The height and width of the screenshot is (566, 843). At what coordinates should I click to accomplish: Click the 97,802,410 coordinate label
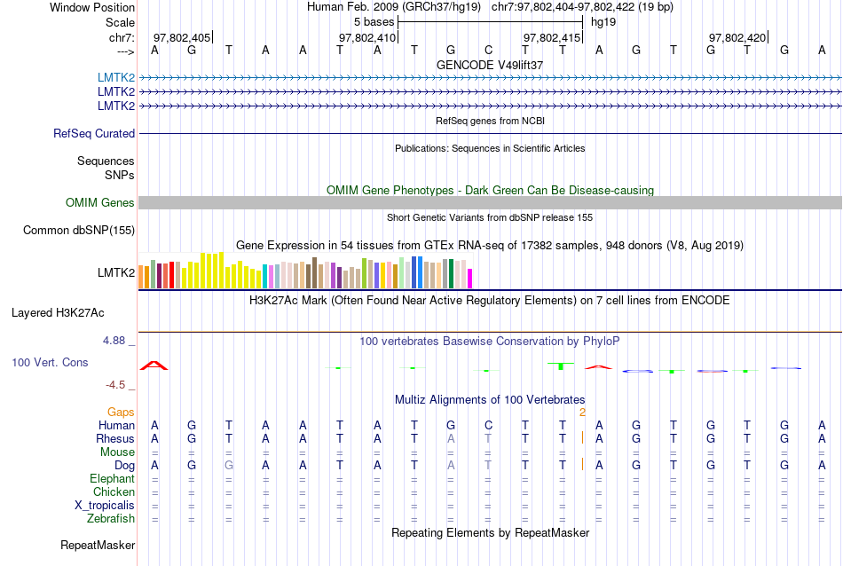[x=367, y=37]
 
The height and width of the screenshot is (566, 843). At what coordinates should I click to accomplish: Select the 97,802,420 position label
[x=737, y=37]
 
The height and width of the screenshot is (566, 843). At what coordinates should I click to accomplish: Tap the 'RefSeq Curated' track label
[x=94, y=134]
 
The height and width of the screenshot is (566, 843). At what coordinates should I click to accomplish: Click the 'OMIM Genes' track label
[x=100, y=203]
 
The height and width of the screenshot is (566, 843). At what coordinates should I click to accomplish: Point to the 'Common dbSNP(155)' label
[x=79, y=231]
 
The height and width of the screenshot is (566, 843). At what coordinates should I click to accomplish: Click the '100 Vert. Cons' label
[x=51, y=363]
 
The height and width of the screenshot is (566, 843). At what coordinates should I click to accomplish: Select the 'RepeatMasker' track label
[x=98, y=545]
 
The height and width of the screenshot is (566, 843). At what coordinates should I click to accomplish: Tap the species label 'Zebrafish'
[x=111, y=519]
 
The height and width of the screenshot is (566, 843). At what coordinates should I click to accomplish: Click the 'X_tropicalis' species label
[x=105, y=506]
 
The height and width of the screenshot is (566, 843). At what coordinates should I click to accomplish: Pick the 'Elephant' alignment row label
[x=112, y=479]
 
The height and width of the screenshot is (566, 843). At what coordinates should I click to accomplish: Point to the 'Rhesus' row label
[x=115, y=439]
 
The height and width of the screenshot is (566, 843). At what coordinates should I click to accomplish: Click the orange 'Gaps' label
[x=121, y=413]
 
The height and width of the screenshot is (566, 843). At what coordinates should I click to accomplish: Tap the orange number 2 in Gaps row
[x=582, y=413]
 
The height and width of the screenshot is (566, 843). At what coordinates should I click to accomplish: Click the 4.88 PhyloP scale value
[x=117, y=340]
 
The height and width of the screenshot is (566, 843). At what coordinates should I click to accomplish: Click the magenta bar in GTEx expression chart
[x=470, y=278]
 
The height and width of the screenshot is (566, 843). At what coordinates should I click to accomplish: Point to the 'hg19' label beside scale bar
[x=603, y=21]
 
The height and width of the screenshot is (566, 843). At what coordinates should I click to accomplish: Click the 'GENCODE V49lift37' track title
[x=490, y=65]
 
